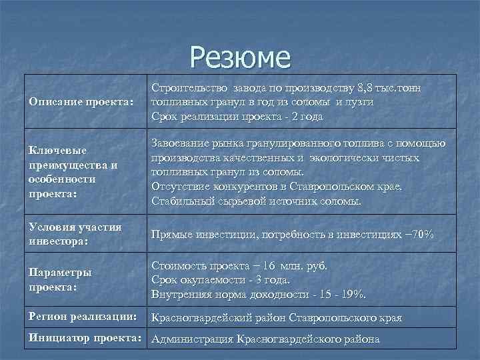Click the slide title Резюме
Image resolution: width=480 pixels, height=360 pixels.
tap(240, 57)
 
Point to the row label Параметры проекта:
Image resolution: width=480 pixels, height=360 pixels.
tap(59, 279)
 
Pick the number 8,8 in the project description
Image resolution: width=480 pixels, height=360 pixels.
tap(365, 88)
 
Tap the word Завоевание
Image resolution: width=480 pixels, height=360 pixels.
tap(182, 143)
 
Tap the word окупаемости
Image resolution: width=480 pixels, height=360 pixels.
tap(215, 279)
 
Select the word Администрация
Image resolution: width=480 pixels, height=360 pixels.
tap(192, 339)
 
